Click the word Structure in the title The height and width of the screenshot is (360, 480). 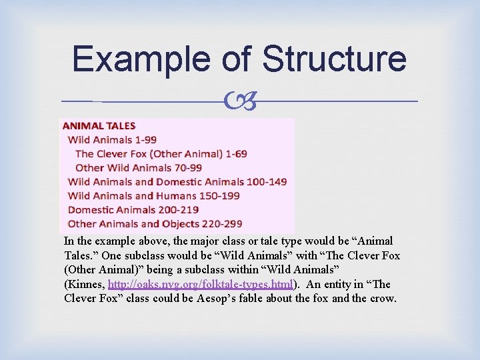coord(335,59)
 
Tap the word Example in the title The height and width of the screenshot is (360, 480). coord(140,59)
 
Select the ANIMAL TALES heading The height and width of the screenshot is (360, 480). coord(99,125)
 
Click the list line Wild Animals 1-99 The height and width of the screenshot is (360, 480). coord(113,139)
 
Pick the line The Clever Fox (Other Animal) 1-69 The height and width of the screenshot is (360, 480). coord(161,153)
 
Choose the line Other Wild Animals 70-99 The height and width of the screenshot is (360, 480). coord(139,167)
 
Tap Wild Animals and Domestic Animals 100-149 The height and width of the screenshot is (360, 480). coord(177,181)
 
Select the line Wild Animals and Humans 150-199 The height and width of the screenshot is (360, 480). coord(154,195)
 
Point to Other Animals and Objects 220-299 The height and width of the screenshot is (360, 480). coord(155,223)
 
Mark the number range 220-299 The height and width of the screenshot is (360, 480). coord(220,223)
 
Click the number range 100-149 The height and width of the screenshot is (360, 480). coord(267,181)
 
